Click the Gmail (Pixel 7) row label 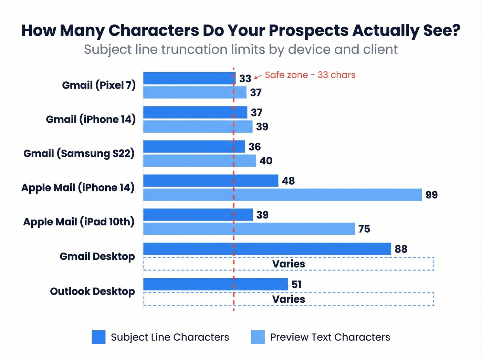point(99,85)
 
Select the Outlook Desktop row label point(92,291)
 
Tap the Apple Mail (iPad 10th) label point(79,222)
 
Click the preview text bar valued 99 point(282,195)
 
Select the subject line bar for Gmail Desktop point(267,249)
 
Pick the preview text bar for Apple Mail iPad point(249,229)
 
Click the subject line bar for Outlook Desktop point(215,284)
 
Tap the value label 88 point(401,249)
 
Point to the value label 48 point(288,181)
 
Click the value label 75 point(364,229)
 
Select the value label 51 point(296,285)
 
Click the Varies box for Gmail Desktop point(361,264)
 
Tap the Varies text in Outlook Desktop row point(289,299)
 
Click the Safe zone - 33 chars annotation point(310,75)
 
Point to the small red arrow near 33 point(258,77)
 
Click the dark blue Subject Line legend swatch point(98,337)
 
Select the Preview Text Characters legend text point(330,337)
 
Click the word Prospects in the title point(308,30)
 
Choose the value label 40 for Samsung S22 point(266,161)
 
